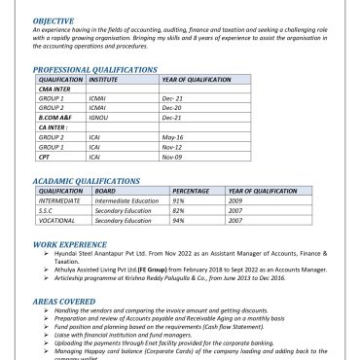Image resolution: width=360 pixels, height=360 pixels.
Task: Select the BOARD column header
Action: click(x=105, y=192)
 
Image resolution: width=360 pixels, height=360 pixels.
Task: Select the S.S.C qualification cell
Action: click(x=48, y=210)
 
